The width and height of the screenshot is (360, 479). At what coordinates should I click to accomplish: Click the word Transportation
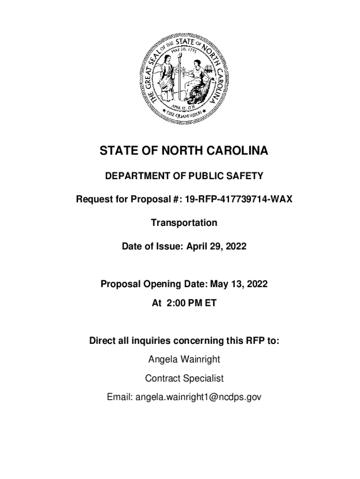point(184,223)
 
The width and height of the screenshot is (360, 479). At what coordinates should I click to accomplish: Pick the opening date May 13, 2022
point(239,284)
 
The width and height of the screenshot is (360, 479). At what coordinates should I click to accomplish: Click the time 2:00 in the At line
point(174,303)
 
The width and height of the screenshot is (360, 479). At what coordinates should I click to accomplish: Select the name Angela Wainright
point(184,360)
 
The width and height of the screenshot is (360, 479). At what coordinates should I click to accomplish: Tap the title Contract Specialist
point(184,378)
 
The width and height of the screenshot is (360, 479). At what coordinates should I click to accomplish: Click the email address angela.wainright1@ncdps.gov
point(198,397)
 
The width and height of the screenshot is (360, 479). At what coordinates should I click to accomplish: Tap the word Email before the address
point(120,397)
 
